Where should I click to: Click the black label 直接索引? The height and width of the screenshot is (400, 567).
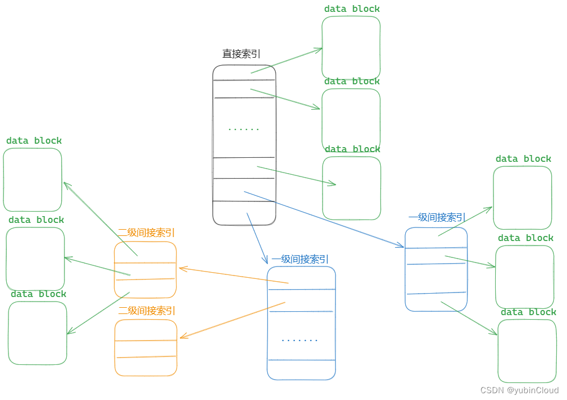click(x=242, y=54)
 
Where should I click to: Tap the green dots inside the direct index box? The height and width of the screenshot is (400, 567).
click(x=244, y=129)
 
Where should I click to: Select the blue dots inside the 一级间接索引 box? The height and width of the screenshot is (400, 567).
click(x=300, y=340)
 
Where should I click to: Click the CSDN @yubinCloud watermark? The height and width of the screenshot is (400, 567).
click(x=519, y=390)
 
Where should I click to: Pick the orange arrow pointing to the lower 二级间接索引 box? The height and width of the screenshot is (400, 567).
click(x=232, y=320)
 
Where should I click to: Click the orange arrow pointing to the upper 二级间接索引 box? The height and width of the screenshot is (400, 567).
click(x=234, y=276)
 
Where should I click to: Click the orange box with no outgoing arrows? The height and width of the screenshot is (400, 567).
click(x=146, y=348)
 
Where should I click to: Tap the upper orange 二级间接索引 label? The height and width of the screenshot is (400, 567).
click(x=146, y=233)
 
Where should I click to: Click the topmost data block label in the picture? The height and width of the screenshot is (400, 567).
click(x=352, y=9)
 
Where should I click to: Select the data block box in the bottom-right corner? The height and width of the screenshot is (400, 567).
click(x=527, y=351)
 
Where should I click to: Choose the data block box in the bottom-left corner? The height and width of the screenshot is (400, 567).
click(x=37, y=333)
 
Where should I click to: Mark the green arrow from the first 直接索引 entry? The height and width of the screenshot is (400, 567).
click(x=286, y=61)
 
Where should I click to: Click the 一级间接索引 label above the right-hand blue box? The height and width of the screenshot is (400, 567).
click(x=437, y=217)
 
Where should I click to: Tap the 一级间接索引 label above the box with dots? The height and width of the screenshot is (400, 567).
click(x=300, y=259)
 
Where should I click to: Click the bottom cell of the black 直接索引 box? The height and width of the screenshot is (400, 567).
click(x=244, y=213)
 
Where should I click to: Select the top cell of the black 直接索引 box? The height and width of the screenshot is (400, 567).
click(x=244, y=72)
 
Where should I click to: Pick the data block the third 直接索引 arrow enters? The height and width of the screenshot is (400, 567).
click(x=351, y=188)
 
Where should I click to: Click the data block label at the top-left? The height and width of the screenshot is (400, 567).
click(x=34, y=141)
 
